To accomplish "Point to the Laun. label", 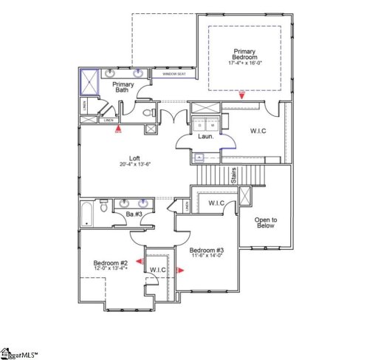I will pos(205,136).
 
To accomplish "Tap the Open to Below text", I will pos(264,222).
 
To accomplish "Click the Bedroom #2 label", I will pos(111,263).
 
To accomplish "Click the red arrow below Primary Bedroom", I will pos(243,95).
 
